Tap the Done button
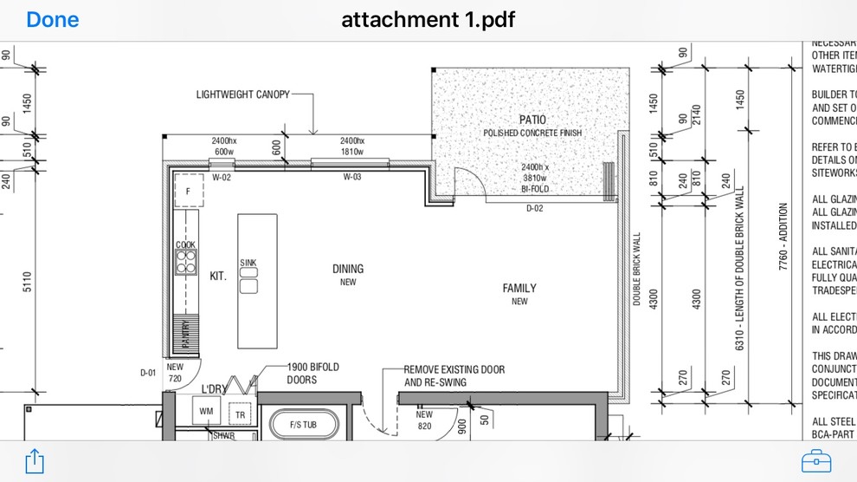pos(52,19)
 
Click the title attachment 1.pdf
pos(428,19)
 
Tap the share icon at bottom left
pos(34,460)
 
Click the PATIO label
pos(532,120)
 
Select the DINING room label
pos(348,269)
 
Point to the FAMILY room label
pos(519,288)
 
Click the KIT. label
pos(218,276)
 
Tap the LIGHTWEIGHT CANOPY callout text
pos(242,94)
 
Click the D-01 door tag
pos(149,373)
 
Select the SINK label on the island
pos(248,263)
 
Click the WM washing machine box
pos(206,411)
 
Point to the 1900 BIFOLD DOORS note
pos(313,374)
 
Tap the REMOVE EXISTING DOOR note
pos(454,375)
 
